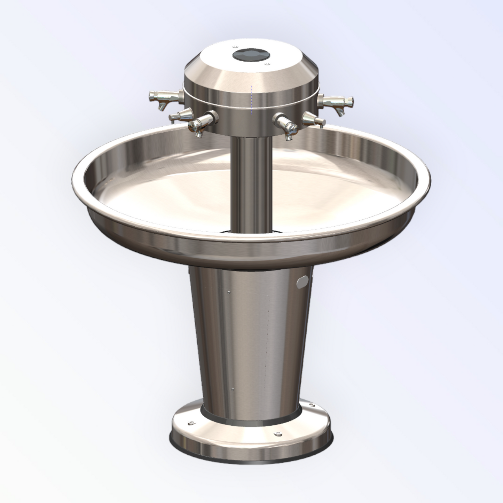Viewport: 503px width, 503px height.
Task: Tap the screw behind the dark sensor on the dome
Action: tap(234, 46)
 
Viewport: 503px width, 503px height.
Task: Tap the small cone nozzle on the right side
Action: tap(313, 119)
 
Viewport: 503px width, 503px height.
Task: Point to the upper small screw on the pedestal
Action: tap(228, 292)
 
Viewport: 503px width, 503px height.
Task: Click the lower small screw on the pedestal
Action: tap(233, 389)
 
